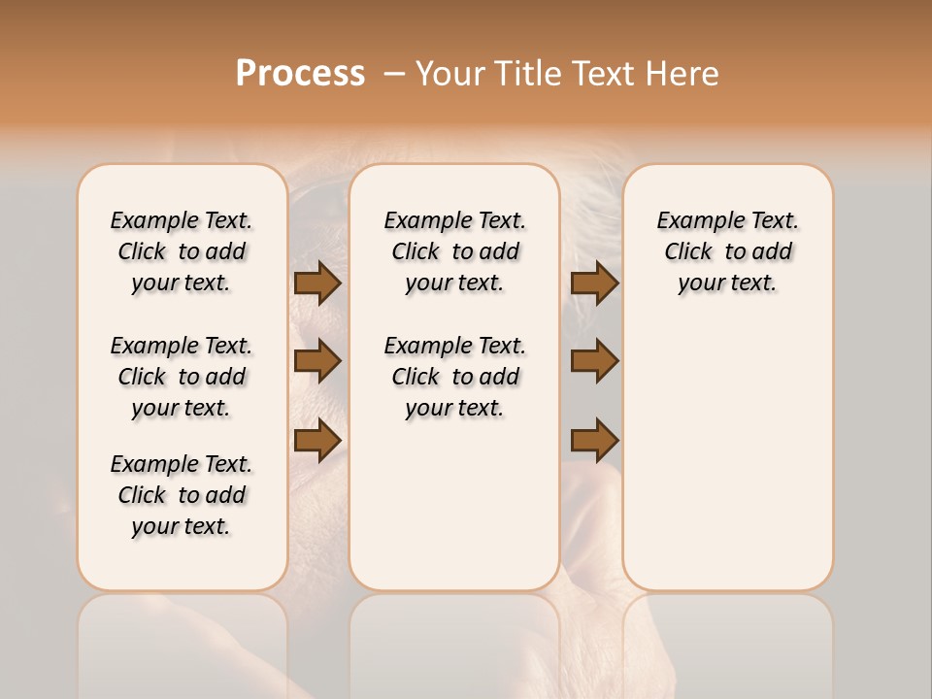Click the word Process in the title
300,73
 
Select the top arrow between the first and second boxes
317,283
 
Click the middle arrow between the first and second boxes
317,361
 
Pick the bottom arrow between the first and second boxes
317,440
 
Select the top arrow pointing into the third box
594,283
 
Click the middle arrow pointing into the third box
594,361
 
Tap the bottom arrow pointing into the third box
594,440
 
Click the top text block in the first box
182,251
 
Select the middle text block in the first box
182,377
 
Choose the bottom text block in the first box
182,495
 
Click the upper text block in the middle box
455,251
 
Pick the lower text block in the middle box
455,377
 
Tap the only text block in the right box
728,251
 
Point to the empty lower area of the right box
728,456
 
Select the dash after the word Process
394,73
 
